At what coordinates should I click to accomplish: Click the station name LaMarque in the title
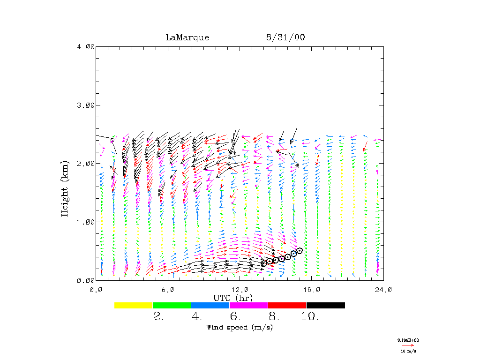click(x=187, y=37)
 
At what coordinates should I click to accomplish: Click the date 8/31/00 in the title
click(x=285, y=37)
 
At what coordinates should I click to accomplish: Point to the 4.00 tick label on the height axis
click(x=86, y=46)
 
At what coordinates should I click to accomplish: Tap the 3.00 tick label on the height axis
click(x=86, y=105)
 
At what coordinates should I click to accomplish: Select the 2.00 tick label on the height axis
click(x=86, y=164)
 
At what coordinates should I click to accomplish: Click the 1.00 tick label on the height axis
click(x=86, y=222)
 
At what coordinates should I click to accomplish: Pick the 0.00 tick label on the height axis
click(x=86, y=280)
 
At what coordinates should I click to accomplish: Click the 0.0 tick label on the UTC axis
click(x=96, y=290)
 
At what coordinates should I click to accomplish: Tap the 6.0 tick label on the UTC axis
click(x=168, y=290)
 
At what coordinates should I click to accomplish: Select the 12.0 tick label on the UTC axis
click(x=240, y=290)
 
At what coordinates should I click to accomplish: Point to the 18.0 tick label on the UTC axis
click(x=312, y=290)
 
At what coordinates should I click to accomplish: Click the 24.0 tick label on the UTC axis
click(x=383, y=290)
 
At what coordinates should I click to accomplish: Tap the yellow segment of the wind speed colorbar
click(x=133, y=305)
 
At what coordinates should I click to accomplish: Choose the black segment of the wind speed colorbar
click(x=325, y=305)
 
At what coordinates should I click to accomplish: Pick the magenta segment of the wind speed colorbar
click(x=248, y=305)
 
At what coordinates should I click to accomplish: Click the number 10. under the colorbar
click(x=310, y=317)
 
